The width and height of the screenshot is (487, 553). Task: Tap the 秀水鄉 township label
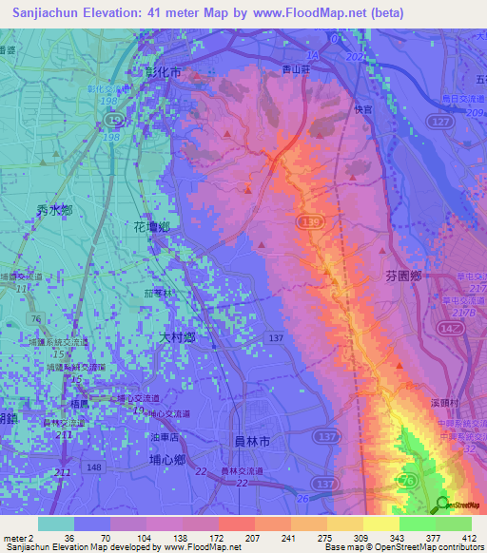(x=54, y=211)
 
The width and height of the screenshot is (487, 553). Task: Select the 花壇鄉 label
(x=151, y=227)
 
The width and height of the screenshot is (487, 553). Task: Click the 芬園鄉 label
(x=403, y=276)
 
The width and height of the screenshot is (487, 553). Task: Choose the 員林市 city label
(x=252, y=441)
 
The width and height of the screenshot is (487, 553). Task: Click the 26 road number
(x=302, y=497)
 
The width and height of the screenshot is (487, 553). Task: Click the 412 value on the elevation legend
(x=470, y=537)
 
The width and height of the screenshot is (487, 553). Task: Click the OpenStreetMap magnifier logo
(x=441, y=505)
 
